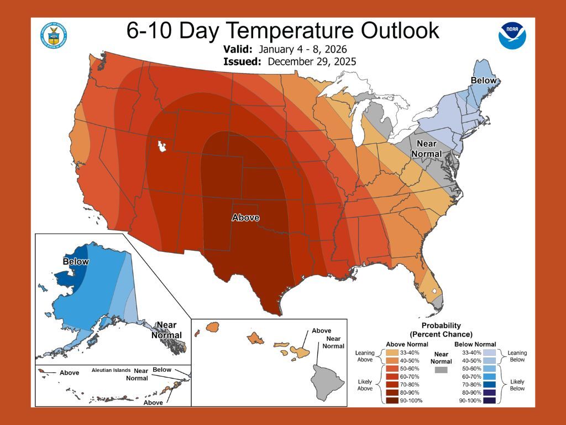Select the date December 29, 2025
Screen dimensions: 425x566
point(312,61)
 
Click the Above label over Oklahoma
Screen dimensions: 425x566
point(245,217)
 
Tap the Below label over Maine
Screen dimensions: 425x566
point(484,81)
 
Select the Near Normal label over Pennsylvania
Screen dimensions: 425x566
point(429,149)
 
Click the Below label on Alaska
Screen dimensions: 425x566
point(76,261)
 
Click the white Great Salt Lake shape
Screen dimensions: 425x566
point(162,147)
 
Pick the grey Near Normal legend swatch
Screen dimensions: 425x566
point(441,369)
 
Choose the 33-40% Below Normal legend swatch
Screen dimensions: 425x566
point(490,353)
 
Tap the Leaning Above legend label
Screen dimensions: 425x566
point(365,356)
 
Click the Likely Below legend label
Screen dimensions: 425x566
point(517,385)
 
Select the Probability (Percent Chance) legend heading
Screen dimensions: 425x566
point(441,330)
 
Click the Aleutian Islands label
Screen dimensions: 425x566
point(112,371)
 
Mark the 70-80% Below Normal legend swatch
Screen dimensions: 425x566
point(490,384)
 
